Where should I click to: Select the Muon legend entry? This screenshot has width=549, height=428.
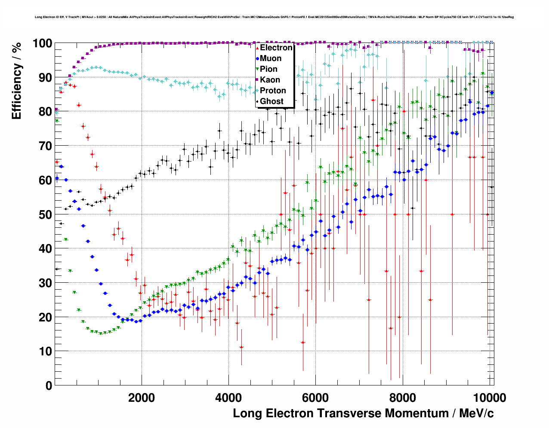270,58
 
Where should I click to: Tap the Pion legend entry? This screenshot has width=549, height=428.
268,69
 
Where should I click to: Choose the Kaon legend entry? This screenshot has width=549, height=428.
270,80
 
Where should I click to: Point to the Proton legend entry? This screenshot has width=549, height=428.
273,91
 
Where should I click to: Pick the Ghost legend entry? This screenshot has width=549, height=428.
271,101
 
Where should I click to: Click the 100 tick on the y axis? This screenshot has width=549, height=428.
43,43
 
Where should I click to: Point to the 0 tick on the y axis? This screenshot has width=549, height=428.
49,385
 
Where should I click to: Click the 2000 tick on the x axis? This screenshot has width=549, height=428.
142,397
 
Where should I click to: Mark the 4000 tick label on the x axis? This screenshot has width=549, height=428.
228,397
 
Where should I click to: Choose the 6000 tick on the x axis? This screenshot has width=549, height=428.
315,397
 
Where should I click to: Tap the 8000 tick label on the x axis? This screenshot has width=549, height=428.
402,397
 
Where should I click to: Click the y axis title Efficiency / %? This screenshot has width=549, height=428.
16,81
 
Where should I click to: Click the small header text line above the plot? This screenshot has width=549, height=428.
274,17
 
